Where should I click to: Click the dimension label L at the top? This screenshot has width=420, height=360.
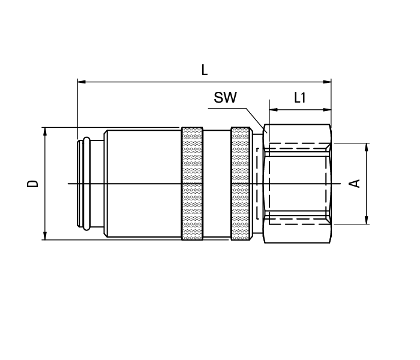[205, 70]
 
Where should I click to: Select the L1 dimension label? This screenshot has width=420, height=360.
[300, 98]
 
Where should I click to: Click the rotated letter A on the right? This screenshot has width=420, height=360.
[355, 183]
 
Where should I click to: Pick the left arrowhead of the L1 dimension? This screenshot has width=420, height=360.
[272, 110]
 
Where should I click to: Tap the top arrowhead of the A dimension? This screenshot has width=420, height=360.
[367, 146]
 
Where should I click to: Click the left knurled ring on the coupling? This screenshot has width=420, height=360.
[192, 183]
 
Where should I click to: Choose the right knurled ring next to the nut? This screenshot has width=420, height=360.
[241, 183]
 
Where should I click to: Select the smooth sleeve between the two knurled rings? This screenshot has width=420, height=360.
[217, 183]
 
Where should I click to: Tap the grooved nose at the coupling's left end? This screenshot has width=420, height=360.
[86, 183]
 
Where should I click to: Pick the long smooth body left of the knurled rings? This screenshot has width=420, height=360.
[143, 183]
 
